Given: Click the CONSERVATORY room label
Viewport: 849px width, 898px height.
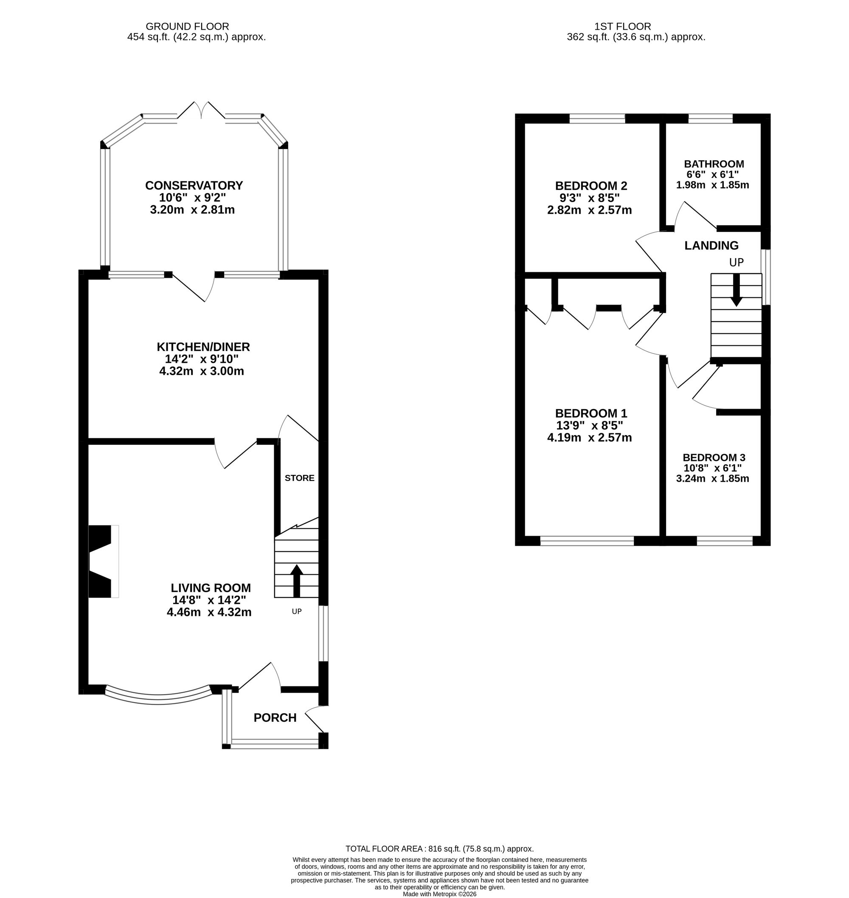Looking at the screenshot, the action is pos(194,185).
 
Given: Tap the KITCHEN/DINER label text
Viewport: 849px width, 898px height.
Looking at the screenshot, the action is pos(203,347).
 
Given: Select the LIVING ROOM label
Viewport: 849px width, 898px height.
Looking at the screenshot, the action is pos(211,588).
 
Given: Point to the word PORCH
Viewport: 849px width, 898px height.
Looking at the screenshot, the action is pos(275,718).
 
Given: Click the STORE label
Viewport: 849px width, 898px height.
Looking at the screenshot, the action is pos(299,478).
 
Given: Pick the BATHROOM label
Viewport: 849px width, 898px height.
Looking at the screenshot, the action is pos(714,164).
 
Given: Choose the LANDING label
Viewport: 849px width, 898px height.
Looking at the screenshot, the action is pos(711,246).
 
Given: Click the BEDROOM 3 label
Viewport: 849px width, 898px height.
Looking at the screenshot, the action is pos(714,457).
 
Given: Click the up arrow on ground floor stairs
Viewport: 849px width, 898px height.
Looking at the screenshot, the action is pos(296,581).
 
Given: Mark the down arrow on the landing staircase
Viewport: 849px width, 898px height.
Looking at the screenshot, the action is pos(737,290).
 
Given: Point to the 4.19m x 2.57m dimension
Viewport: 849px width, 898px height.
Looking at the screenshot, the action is pos(589,438).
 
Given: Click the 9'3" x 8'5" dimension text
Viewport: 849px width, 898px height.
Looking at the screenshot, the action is pos(589,198).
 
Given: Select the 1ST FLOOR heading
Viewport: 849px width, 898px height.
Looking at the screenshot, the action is pos(622,27).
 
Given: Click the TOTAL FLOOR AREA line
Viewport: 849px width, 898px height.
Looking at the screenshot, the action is pos(439,849).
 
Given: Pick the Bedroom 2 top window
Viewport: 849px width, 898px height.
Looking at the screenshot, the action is pos(597,119).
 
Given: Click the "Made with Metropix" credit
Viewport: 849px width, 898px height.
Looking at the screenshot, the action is pos(439,894).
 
